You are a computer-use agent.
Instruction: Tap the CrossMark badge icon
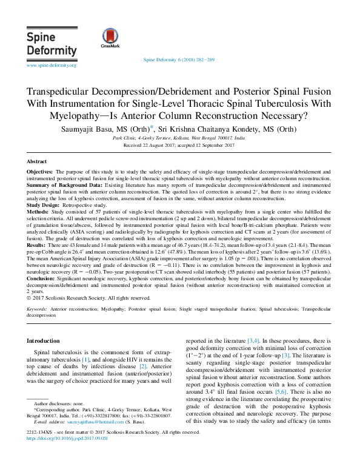point(110,38)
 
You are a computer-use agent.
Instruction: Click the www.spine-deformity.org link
point(52,65)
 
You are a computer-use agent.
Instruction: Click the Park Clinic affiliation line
point(179,139)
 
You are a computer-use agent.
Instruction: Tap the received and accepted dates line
point(179,146)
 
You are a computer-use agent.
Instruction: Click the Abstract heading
point(37,162)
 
